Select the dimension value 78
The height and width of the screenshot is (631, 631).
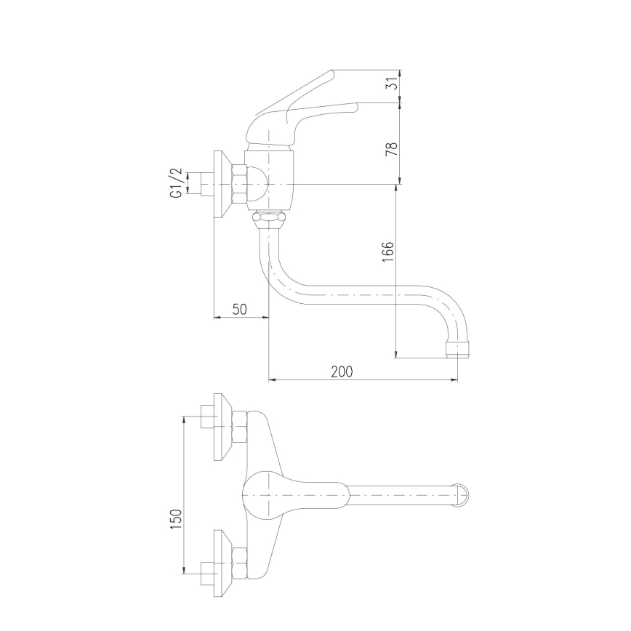[x=391, y=149]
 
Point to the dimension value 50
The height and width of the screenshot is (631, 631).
[x=239, y=308]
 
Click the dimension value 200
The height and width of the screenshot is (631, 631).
[x=342, y=371]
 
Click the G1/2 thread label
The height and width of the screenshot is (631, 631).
[x=175, y=182]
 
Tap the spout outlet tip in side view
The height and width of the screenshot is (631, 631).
[x=458, y=349]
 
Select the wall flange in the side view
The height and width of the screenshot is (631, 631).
[x=220, y=184]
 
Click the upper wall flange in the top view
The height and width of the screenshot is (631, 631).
[x=220, y=427]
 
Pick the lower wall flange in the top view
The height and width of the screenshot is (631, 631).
[x=220, y=563]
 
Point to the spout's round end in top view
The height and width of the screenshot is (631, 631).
[x=462, y=495]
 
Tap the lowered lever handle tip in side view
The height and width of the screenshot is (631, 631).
[x=355, y=108]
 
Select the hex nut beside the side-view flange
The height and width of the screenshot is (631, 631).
[x=238, y=184]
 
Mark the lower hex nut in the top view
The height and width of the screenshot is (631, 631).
[x=239, y=563]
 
